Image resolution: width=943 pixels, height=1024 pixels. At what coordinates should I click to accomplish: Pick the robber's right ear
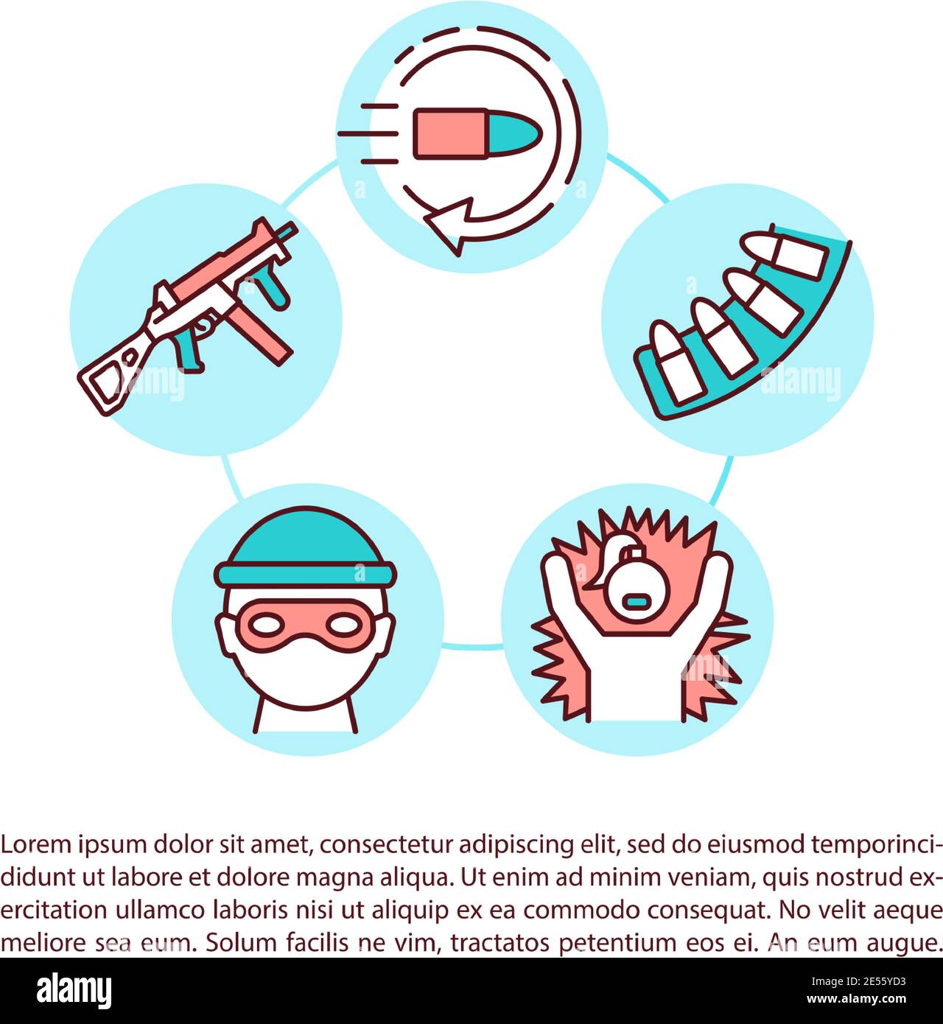[x=224, y=636]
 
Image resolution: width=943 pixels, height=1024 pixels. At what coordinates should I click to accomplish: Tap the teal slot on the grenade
[x=637, y=603]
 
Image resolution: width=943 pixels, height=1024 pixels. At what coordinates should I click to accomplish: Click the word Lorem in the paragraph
[x=36, y=844]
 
